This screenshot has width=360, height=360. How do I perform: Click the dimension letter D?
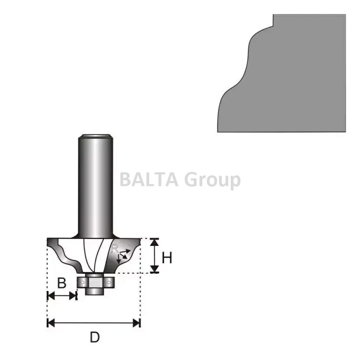pos(95,337)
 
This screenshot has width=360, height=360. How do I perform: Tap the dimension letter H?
pos(167,258)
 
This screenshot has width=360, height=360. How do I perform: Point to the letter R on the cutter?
pos(115,248)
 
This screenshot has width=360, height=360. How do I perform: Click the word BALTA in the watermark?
pos(149,180)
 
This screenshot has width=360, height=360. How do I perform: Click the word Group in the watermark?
pos(213,181)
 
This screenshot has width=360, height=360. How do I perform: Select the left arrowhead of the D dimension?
pos(50,323)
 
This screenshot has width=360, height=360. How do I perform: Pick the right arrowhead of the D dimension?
pos(137,323)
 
